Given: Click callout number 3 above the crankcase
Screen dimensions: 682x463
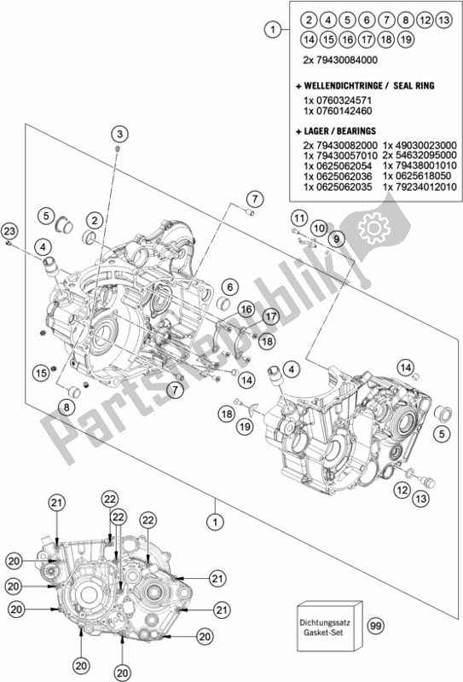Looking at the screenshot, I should (x=119, y=134).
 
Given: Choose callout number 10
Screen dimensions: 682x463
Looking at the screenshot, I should (x=317, y=228).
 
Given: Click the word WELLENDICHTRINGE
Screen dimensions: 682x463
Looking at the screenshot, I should (x=341, y=87).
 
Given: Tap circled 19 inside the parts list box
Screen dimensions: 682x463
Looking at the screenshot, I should (x=407, y=38).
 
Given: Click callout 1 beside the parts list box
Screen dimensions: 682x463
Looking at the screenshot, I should (x=272, y=31).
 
